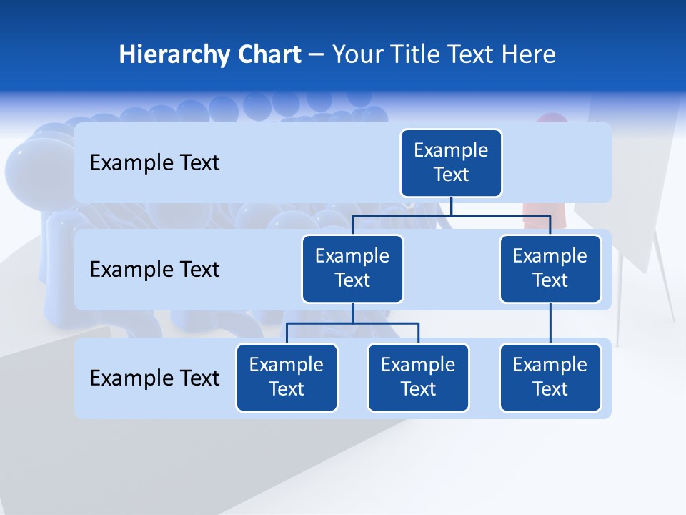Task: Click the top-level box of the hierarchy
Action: click(x=451, y=162)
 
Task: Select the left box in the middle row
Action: click(x=352, y=268)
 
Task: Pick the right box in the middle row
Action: click(x=550, y=268)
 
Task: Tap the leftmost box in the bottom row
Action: click(x=287, y=377)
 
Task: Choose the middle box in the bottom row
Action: click(x=418, y=377)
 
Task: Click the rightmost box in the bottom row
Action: click(x=550, y=377)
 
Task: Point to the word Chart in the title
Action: click(x=267, y=55)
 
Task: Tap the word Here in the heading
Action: click(x=529, y=55)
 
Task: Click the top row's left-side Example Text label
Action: click(x=154, y=163)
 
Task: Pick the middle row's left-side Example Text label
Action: click(x=154, y=270)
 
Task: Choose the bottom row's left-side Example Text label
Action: click(x=154, y=378)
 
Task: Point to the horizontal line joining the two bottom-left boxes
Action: click(x=352, y=323)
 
